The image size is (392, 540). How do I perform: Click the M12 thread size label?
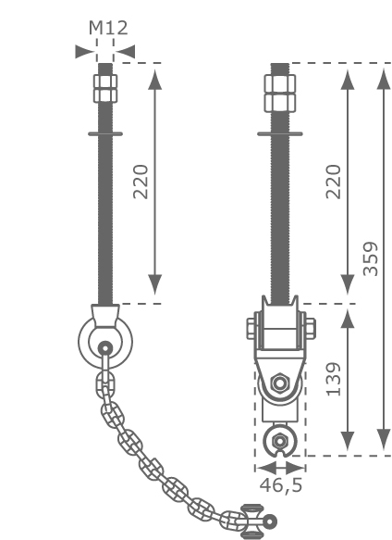[108, 28]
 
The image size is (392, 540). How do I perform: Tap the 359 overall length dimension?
[371, 259]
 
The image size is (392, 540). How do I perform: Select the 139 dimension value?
[333, 379]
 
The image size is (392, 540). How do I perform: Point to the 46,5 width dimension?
[281, 485]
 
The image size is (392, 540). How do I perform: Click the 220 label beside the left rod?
[141, 182]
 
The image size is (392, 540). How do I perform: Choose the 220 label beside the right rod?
[333, 182]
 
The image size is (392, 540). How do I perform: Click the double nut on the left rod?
[105, 88]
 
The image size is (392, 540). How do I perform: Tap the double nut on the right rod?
[280, 94]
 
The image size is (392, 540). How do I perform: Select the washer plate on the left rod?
[105, 133]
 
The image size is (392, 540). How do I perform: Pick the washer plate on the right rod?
[280, 133]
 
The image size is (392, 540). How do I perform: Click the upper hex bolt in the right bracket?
[280, 383]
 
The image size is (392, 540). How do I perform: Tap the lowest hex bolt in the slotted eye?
[279, 441]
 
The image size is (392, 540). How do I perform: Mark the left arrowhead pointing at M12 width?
[85, 52]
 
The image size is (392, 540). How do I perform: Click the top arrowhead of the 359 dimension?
[384, 80]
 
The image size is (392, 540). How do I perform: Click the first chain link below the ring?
[105, 383]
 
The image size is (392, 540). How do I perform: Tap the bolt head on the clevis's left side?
[251, 329]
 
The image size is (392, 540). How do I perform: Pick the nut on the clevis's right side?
[311, 329]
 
